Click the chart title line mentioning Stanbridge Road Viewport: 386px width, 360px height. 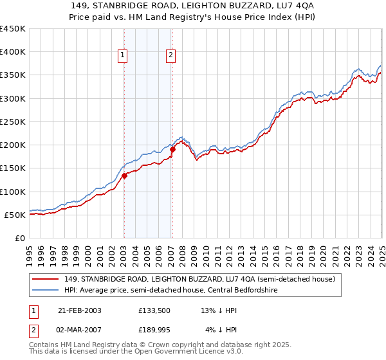point(193,6)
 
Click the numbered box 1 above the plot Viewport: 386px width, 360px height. point(122,56)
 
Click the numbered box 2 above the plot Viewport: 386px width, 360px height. point(171,56)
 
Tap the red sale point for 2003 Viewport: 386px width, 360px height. point(124,176)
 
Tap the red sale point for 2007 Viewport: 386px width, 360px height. point(172,150)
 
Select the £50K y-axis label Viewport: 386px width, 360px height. point(15,215)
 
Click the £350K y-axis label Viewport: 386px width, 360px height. point(13,75)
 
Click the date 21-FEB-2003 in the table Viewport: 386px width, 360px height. point(79,310)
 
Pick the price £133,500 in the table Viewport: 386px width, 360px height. point(154,310)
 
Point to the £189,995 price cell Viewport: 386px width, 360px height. point(154,331)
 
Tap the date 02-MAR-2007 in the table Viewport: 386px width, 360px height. point(79,331)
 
